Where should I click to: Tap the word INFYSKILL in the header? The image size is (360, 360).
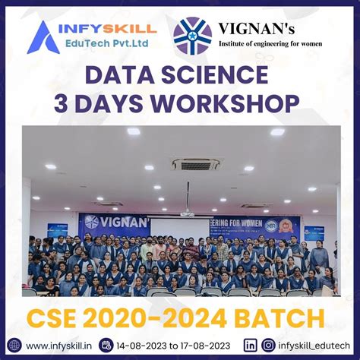click(x=109, y=29)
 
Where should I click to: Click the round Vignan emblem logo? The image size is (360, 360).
click(x=192, y=36)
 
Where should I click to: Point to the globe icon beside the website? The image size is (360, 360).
click(x=14, y=346)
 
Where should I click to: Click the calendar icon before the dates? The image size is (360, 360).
click(x=106, y=346)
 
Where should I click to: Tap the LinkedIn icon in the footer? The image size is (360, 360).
click(x=251, y=346)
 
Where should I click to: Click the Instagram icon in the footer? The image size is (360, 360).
click(x=268, y=346)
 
